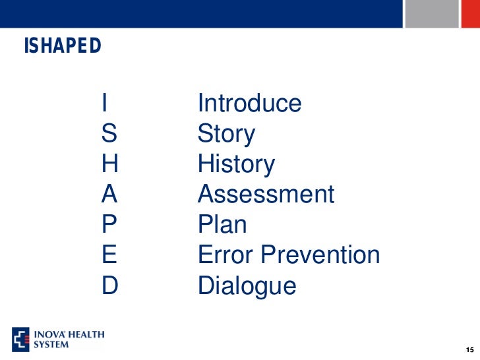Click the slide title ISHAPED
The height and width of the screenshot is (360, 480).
tap(63, 46)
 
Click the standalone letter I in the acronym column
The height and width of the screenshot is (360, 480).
tap(105, 104)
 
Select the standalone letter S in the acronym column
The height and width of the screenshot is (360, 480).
tap(109, 134)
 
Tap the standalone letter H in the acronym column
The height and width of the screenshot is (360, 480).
tap(109, 164)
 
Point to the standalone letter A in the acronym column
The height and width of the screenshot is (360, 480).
tap(109, 195)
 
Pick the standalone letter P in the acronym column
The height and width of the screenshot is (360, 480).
tap(109, 225)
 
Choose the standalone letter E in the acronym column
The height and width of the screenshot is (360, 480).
tap(109, 255)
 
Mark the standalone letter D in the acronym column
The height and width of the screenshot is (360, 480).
tap(109, 285)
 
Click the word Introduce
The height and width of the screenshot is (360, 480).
tap(249, 104)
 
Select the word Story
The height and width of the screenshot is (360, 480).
tap(226, 135)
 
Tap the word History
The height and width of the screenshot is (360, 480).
tap(236, 165)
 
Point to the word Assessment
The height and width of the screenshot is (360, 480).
tap(266, 195)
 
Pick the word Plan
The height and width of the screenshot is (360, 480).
tap(222, 225)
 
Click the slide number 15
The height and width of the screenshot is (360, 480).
tap(469, 349)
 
